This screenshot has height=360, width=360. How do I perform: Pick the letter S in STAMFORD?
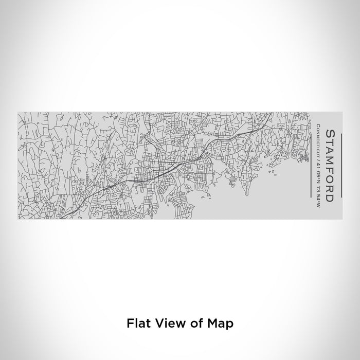(x=329, y=134)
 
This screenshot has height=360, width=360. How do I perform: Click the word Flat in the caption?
(x=137, y=323)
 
